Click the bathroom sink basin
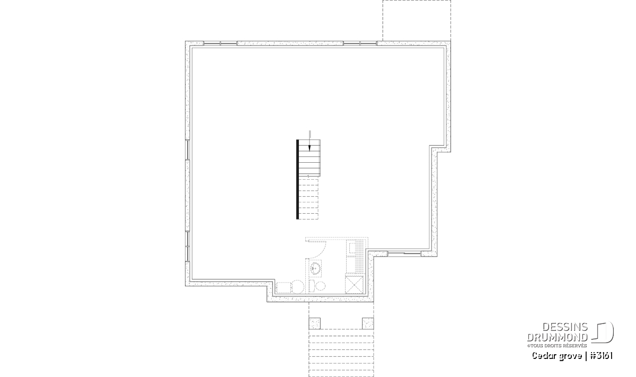(x=315, y=268)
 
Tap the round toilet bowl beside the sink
(x=321, y=286)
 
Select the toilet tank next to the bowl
(x=312, y=286)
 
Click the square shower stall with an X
(x=354, y=285)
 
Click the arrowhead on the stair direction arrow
(x=310, y=148)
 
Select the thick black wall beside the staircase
(x=297, y=179)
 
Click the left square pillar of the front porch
(x=314, y=323)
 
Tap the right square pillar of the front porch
(x=368, y=323)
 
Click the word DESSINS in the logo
(x=565, y=327)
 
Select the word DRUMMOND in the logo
(x=558, y=337)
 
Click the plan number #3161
(x=602, y=356)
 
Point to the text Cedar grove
(x=557, y=356)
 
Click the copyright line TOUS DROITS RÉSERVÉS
(x=557, y=346)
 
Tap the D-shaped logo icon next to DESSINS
(x=603, y=332)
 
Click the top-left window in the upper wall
(x=220, y=43)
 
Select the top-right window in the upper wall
(x=360, y=43)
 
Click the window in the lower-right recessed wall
(x=404, y=253)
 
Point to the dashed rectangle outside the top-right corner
(x=417, y=21)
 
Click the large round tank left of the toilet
(x=297, y=287)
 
